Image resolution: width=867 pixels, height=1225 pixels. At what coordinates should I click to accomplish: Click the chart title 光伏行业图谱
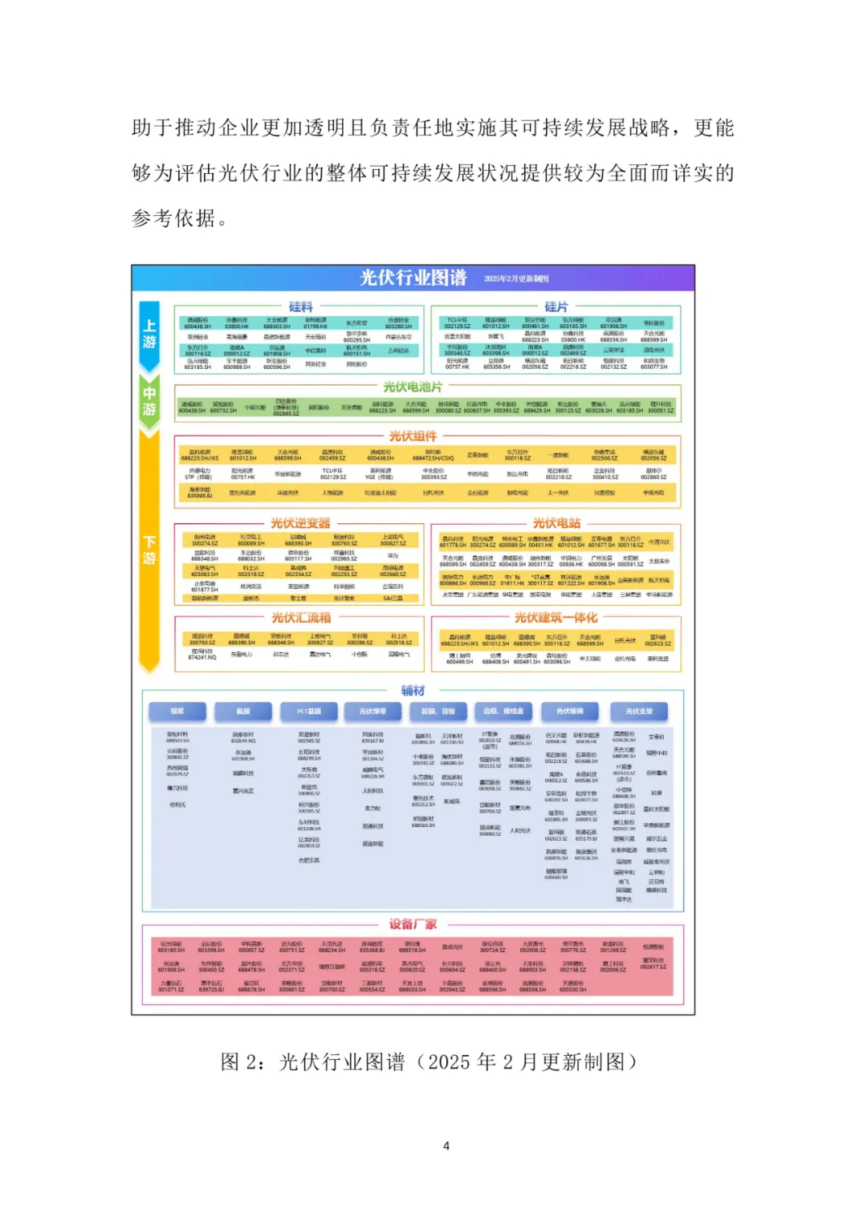(x=413, y=278)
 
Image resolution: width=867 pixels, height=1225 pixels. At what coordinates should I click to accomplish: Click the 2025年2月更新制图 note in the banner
(x=516, y=278)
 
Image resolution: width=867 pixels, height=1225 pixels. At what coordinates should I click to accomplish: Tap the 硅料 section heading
(x=301, y=306)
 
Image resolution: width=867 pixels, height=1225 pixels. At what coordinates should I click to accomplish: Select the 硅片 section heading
(x=556, y=306)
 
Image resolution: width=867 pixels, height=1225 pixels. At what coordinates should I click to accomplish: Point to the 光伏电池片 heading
(x=413, y=387)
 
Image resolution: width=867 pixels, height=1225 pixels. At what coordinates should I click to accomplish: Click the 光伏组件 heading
(x=413, y=436)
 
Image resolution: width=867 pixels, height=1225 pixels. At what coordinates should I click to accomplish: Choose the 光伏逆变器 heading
(x=300, y=523)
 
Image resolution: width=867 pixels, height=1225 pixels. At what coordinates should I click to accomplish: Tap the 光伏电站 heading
(x=556, y=523)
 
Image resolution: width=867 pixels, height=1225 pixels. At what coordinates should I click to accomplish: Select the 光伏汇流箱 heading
(x=300, y=618)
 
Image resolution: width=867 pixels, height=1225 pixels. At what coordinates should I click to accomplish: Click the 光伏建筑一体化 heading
(x=556, y=618)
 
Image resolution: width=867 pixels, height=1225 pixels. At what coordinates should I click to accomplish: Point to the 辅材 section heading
(x=413, y=690)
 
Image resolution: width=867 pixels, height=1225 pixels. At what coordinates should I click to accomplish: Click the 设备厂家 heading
(x=413, y=924)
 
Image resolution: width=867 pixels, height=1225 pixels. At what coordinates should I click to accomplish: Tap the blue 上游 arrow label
(x=149, y=334)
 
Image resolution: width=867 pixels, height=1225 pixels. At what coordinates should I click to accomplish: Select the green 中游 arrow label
(x=149, y=401)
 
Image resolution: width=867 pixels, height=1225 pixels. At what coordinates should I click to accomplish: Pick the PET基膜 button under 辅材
(x=309, y=712)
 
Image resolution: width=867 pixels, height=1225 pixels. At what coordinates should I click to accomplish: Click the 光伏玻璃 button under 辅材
(x=569, y=712)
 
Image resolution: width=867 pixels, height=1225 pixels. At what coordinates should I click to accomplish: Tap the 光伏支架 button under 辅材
(x=639, y=712)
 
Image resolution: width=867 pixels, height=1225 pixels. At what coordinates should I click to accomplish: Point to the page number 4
(x=446, y=1146)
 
